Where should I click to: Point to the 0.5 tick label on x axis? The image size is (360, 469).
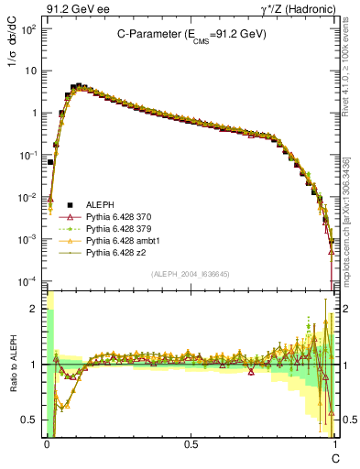coord(191,443)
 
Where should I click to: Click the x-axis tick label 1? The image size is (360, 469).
coord(335,443)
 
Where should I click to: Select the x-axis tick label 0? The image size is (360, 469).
coord(47,443)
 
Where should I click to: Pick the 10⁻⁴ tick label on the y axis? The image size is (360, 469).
coord(29,279)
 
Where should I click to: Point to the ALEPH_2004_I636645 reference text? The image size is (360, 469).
coord(190,274)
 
